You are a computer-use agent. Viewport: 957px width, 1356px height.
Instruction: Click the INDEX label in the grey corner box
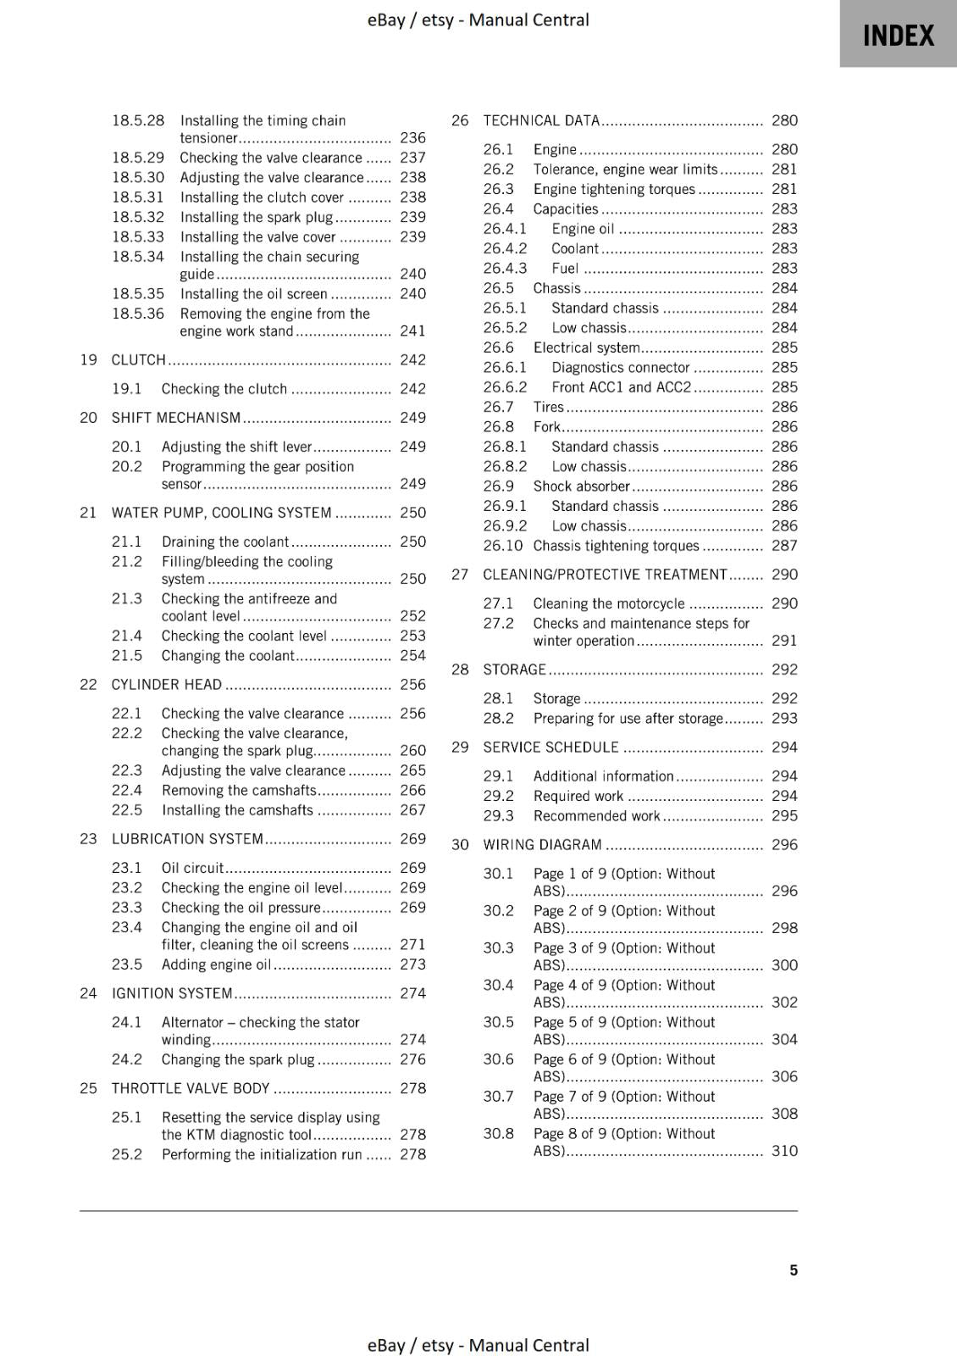898,36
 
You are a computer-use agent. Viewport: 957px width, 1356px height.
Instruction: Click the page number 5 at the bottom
793,1270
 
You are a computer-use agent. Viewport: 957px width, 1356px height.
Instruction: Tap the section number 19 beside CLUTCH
88,359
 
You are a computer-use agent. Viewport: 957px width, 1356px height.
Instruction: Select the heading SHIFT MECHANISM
176,417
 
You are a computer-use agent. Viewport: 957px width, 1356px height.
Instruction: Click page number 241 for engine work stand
412,331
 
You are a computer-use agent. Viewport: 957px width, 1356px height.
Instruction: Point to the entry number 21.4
127,635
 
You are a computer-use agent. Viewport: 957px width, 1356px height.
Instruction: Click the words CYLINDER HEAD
166,684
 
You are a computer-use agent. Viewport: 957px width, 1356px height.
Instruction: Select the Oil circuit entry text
192,867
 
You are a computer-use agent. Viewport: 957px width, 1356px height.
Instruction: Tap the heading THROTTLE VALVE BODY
191,1087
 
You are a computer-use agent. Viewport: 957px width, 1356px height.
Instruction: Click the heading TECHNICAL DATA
541,120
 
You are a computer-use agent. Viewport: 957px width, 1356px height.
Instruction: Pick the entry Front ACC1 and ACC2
621,386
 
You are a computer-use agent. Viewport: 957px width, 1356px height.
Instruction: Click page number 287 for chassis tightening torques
784,545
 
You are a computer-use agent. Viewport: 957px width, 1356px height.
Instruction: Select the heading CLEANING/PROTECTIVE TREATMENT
605,574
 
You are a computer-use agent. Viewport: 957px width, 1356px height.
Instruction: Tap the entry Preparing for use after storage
628,718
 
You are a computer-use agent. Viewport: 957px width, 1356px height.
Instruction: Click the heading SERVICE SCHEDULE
550,747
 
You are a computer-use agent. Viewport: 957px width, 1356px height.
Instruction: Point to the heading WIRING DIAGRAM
542,844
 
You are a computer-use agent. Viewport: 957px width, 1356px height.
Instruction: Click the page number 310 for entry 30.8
784,1150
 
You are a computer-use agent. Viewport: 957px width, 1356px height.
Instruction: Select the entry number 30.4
498,985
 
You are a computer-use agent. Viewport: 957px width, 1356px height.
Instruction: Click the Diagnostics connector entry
620,367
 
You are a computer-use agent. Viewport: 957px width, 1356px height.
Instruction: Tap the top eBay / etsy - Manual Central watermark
478,19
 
